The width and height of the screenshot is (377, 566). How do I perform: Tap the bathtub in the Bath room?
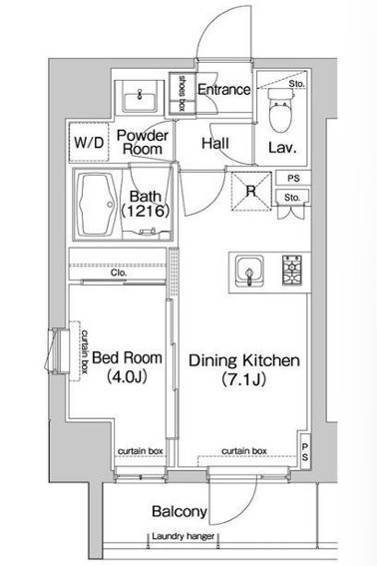point(97,205)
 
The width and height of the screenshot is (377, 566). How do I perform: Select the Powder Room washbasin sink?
point(140,97)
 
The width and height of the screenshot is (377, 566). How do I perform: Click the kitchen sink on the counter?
point(249,271)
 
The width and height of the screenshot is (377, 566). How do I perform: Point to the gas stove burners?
point(292,271)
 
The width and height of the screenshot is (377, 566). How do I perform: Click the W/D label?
point(89,143)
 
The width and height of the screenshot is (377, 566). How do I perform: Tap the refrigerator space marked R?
point(251,191)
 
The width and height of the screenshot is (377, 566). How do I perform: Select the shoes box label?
point(182,93)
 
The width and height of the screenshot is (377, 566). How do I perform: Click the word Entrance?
point(223,90)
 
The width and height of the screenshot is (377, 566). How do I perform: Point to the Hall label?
point(215,144)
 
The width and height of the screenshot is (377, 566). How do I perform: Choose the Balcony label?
point(180,511)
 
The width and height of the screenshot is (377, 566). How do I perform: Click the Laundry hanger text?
point(184,536)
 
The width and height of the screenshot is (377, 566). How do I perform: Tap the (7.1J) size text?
point(244,379)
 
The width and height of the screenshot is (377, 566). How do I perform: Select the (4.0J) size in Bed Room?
point(127,377)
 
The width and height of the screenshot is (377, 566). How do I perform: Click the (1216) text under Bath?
point(145,211)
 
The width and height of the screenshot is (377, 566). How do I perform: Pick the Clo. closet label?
point(119,273)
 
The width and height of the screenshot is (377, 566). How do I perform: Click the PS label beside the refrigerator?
point(293,179)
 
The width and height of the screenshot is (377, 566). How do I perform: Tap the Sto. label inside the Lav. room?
point(296,84)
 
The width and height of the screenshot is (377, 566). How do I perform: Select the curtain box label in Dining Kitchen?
point(244,451)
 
